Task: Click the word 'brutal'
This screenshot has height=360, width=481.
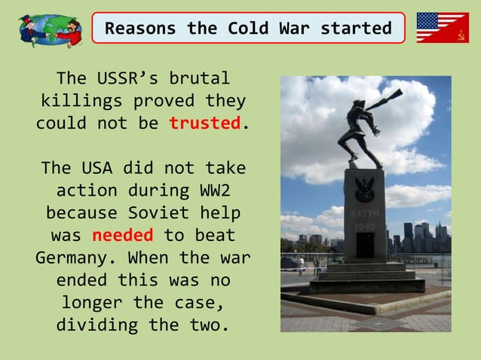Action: pyautogui.click(x=200, y=78)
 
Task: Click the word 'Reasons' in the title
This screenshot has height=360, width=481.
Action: pyautogui.click(x=140, y=29)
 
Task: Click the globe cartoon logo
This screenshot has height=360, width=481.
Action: pyautogui.click(x=50, y=29)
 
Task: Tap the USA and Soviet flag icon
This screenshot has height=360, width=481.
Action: pyautogui.click(x=443, y=28)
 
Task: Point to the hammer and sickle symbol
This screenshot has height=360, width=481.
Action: pyautogui.click(x=459, y=34)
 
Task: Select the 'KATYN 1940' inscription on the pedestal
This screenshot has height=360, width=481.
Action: pyautogui.click(x=365, y=218)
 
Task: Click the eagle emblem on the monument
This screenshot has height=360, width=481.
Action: pyautogui.click(x=366, y=186)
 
